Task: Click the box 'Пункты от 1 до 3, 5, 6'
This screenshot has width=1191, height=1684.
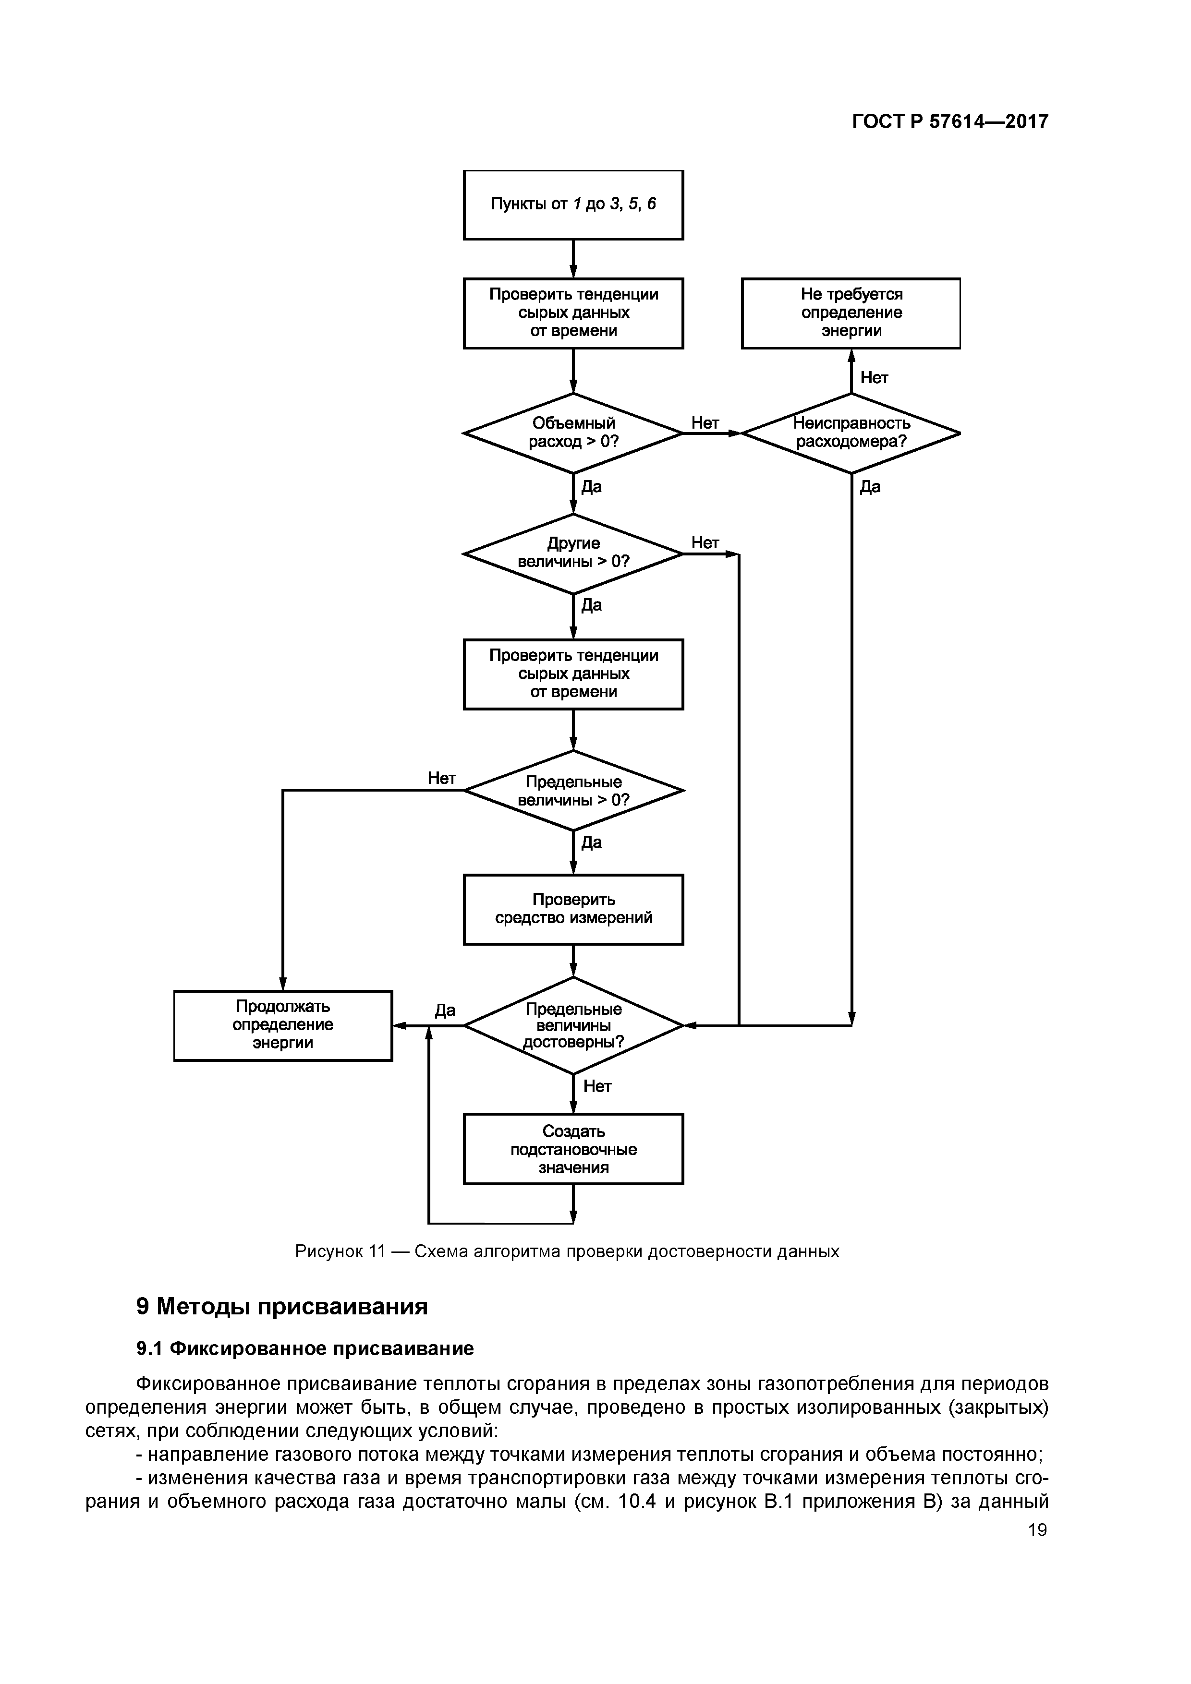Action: click(573, 204)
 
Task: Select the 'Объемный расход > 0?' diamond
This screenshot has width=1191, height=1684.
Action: click(573, 433)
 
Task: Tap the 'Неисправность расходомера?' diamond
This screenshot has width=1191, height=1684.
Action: click(851, 433)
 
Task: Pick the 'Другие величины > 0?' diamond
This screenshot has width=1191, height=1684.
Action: click(573, 553)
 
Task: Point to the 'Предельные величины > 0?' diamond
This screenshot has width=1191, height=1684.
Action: click(573, 791)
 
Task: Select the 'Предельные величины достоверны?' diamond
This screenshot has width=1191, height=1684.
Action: click(573, 1025)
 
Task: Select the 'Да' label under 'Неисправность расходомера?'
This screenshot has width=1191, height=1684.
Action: click(870, 487)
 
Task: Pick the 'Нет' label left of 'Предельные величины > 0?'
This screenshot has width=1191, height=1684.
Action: click(442, 778)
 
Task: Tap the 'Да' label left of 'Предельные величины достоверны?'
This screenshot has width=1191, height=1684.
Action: click(445, 1010)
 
